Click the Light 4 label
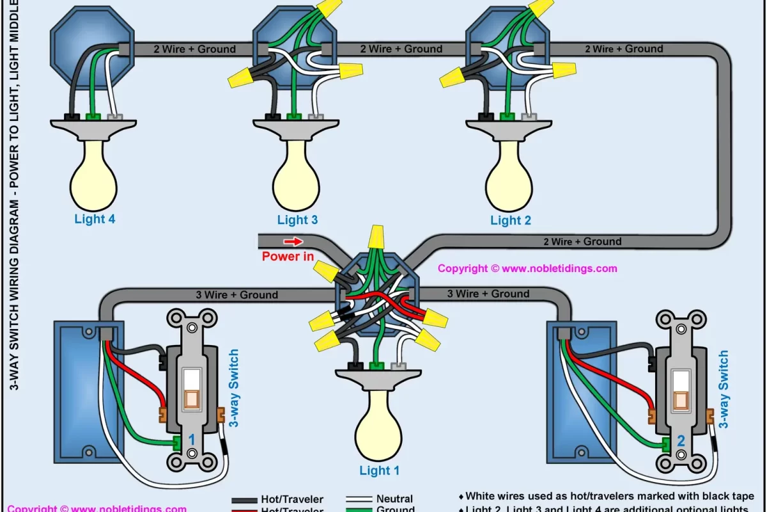tap(95, 220)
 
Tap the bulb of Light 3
tap(297, 179)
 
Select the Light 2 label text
tap(510, 221)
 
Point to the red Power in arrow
tap(293, 242)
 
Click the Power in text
tap(288, 257)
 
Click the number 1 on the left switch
tap(191, 440)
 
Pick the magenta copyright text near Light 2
tap(527, 269)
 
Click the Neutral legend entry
tap(394, 499)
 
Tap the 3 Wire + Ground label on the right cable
tap(488, 294)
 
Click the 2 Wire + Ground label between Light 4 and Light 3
tap(194, 49)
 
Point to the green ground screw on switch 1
tap(175, 442)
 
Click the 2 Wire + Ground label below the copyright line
tap(582, 242)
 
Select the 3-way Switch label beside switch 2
tap(723, 389)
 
